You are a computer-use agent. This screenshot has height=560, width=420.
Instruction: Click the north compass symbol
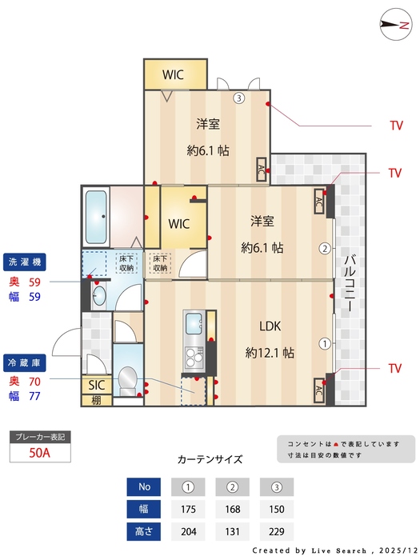(393, 23)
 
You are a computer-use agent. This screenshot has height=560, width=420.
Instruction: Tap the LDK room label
(270, 326)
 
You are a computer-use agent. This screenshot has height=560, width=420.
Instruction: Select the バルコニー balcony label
(350, 283)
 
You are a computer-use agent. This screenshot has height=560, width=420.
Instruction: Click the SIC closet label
(96, 384)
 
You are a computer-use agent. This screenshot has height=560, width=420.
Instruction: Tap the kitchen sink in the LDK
(194, 323)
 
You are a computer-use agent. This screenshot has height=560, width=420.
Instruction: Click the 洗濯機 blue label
(28, 262)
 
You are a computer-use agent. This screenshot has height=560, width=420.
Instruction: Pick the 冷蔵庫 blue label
(28, 362)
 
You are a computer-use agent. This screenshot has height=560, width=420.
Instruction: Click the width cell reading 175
(188, 509)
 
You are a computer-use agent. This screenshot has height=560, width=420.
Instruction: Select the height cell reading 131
(232, 530)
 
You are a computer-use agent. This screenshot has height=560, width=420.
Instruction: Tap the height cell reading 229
(277, 530)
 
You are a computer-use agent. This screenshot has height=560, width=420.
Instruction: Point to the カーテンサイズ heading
(210, 459)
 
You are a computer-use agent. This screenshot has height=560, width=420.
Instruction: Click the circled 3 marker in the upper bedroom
(238, 99)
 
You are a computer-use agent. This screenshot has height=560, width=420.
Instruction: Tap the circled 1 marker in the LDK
(325, 344)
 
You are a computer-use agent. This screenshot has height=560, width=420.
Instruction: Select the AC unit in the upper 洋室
(262, 170)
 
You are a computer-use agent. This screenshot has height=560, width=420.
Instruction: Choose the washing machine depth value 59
(35, 282)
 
